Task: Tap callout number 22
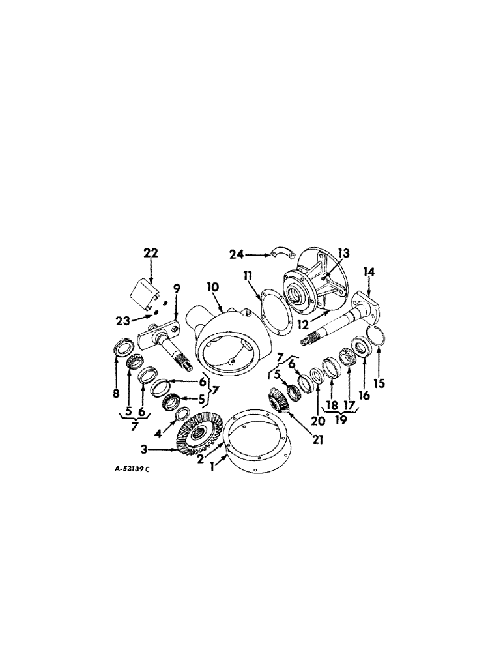coord(151,253)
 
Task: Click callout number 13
coord(343,253)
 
